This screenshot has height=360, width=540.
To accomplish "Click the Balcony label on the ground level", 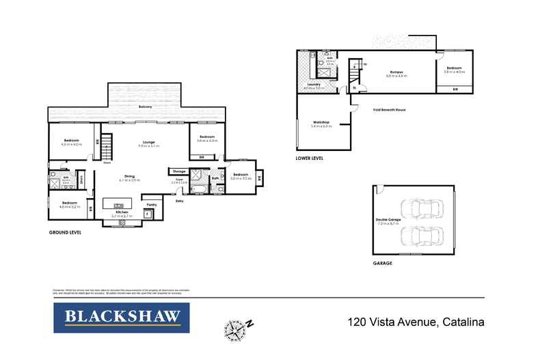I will tap(145, 107).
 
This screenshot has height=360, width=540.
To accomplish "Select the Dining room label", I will tap(129, 176).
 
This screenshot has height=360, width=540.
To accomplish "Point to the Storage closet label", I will tap(180, 171).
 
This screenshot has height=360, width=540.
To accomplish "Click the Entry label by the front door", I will tap(180, 202).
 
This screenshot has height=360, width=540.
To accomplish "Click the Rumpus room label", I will tap(396, 72).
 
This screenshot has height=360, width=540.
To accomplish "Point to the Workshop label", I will tap(321, 123).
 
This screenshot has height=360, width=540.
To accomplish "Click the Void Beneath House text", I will tap(389, 109).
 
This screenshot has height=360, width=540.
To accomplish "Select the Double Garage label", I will tap(386, 220).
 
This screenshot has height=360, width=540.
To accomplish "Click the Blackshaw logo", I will tap(122, 317).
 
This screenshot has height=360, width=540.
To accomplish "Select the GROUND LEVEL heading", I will tap(65, 233).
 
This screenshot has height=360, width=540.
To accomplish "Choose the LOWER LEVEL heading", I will tap(310, 158).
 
